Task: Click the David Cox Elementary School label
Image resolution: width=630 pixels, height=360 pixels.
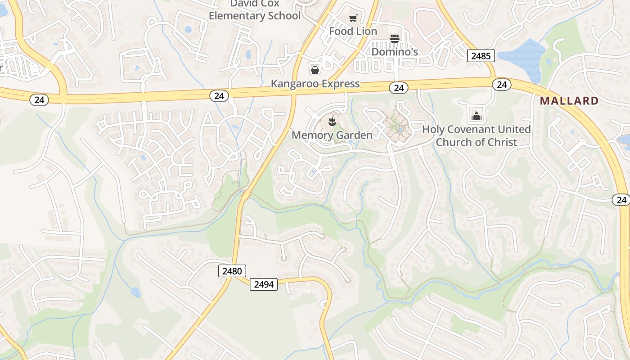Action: (255, 10)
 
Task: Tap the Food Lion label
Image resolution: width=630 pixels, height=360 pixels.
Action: (353, 31)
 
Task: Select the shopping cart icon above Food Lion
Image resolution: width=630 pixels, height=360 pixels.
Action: (353, 18)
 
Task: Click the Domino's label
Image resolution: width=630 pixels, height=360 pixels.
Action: (395, 52)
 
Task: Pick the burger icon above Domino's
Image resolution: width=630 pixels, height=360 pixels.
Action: (395, 39)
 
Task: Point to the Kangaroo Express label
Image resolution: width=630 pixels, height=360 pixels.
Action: (315, 83)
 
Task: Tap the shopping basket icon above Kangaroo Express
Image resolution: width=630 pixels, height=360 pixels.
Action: (315, 70)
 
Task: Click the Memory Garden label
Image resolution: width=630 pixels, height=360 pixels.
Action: (332, 135)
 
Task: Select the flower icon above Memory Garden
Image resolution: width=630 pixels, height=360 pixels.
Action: (332, 121)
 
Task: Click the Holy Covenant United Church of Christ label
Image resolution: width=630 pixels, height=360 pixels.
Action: (476, 135)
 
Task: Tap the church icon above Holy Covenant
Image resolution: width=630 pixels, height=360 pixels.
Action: (476, 116)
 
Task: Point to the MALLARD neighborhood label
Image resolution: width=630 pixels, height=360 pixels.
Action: (569, 101)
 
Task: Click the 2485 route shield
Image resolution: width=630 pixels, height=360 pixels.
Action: (481, 56)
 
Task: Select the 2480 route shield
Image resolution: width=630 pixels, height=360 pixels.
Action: (232, 271)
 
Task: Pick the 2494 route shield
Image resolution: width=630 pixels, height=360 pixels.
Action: (264, 284)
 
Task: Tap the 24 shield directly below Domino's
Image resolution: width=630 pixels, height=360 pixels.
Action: (399, 88)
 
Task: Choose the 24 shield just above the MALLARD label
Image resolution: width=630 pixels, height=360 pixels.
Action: (501, 85)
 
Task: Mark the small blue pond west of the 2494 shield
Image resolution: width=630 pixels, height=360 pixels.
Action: (135, 292)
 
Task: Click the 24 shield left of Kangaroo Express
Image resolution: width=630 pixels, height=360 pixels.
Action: (219, 95)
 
